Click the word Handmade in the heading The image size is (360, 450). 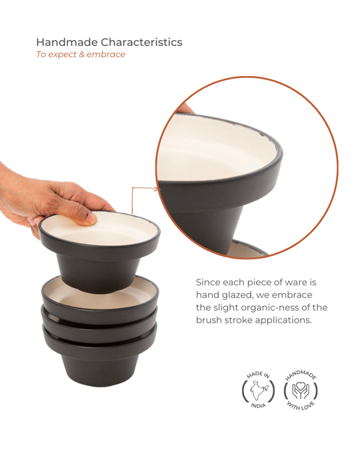click(67, 42)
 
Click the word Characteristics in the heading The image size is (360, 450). click(141, 42)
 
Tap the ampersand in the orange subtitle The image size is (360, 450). click(81, 54)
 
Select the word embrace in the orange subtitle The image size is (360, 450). click(106, 54)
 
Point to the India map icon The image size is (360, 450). click(259, 390)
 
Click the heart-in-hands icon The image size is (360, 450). click(301, 390)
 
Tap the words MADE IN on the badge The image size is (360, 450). click(258, 375)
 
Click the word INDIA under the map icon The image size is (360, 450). click(259, 405)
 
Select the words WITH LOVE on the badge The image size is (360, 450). click(301, 405)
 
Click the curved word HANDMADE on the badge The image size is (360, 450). click(301, 375)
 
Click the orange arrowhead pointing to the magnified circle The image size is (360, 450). click(157, 189)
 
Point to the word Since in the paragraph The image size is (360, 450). click(208, 283)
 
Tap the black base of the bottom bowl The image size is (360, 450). click(100, 369)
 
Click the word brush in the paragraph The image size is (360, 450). click(209, 320)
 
